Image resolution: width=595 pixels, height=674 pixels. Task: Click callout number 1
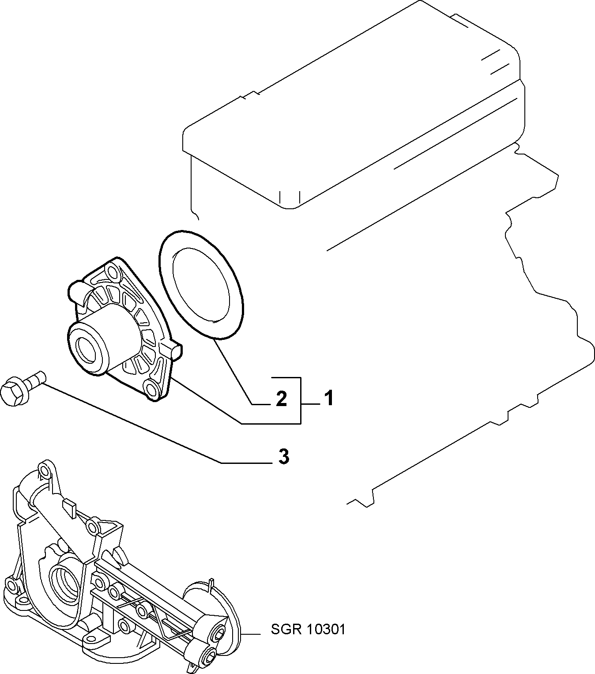pyautogui.click(x=329, y=399)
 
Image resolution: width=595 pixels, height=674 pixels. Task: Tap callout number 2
pyautogui.click(x=281, y=399)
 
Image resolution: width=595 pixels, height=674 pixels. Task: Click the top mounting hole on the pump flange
pyautogui.click(x=113, y=274)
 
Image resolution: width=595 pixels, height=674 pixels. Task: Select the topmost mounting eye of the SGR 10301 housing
pyautogui.click(x=45, y=471)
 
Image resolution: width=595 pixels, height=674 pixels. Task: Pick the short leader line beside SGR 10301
pyautogui.click(x=251, y=635)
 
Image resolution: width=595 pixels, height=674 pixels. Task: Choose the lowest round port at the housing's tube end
pyautogui.click(x=210, y=657)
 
